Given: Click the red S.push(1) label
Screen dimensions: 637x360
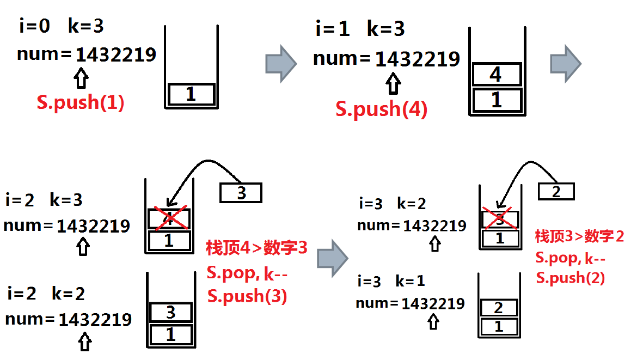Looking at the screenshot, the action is click(81, 102).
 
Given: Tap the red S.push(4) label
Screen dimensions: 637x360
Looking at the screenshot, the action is click(382, 109).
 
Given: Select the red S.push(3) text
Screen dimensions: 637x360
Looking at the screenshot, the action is click(247, 296).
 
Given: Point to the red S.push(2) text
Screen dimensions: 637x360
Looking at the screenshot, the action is click(571, 278).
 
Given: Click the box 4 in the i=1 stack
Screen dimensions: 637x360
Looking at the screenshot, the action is click(497, 75).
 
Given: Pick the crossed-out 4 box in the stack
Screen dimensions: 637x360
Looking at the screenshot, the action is click(169, 219).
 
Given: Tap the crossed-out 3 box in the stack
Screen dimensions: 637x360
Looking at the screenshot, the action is click(500, 220).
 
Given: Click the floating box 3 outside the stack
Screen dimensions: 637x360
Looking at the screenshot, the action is click(241, 193).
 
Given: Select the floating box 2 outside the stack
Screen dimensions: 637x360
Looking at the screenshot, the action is click(556, 191).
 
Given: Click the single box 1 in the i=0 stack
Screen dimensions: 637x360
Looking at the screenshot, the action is click(191, 94).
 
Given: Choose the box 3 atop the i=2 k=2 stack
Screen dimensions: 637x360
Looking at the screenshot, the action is click(170, 312).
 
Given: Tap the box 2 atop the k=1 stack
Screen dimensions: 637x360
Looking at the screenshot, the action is click(499, 308).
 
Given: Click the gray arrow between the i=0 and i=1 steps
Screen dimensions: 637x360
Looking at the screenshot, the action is click(281, 64).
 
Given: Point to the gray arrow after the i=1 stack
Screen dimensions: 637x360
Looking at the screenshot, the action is click(566, 64).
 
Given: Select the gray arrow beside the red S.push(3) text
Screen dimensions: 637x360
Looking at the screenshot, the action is click(333, 258).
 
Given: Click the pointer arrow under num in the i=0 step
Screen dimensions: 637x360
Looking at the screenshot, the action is click(81, 78).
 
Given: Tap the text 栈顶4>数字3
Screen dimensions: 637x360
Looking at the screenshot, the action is click(257, 247).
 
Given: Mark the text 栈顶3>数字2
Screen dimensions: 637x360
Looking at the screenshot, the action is click(579, 236).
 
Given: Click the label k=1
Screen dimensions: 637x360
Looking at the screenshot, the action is click(411, 281).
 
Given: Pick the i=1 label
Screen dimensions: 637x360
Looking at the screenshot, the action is click(333, 29).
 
